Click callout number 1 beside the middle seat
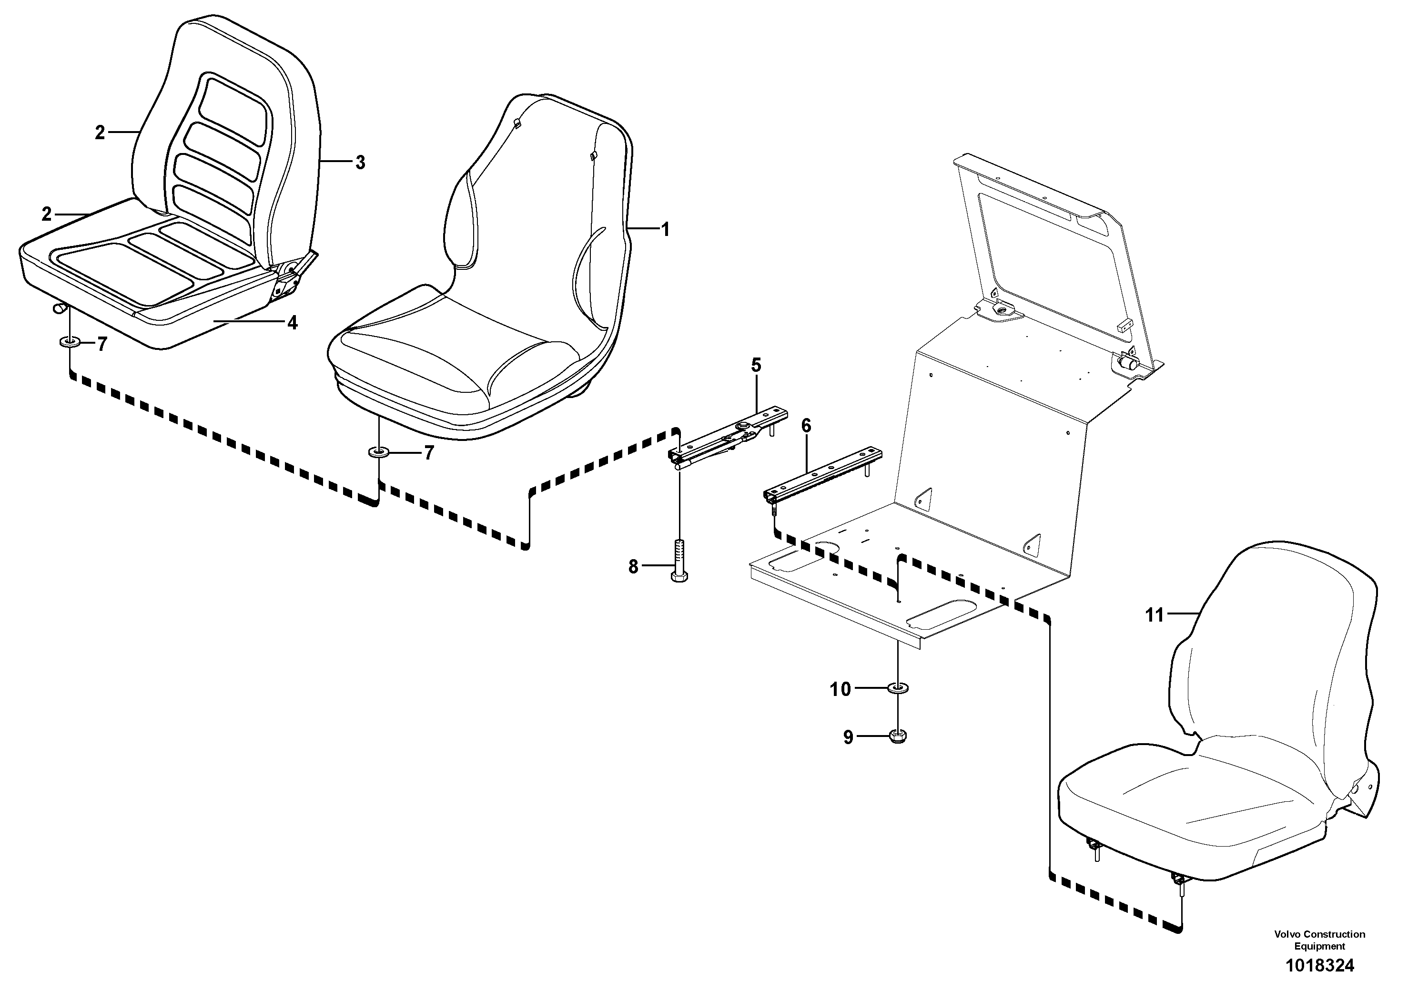click(665, 230)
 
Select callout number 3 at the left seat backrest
click(360, 163)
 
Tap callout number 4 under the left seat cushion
click(292, 322)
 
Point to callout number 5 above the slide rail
click(756, 365)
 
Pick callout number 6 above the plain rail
click(806, 426)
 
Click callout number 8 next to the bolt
click(633, 566)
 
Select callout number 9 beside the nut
click(848, 737)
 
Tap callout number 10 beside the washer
click(840, 689)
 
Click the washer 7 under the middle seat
click(378, 453)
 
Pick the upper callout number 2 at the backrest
click(100, 133)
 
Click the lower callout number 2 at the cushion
click(47, 215)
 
